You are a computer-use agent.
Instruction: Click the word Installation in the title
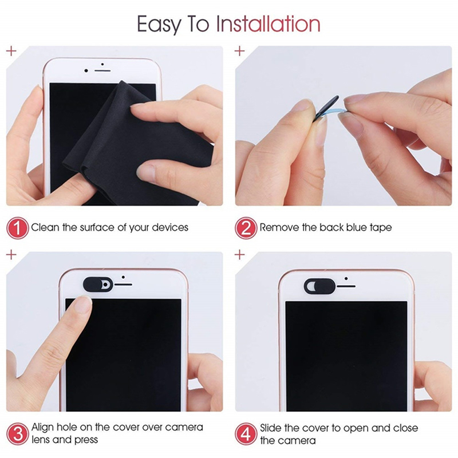tap(268, 25)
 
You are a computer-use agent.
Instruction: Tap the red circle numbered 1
tap(18, 228)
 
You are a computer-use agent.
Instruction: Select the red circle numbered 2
tap(246, 228)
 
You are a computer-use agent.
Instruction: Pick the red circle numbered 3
tap(18, 433)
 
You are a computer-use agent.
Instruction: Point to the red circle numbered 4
tap(246, 433)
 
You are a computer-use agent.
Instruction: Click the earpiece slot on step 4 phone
tap(347, 285)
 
